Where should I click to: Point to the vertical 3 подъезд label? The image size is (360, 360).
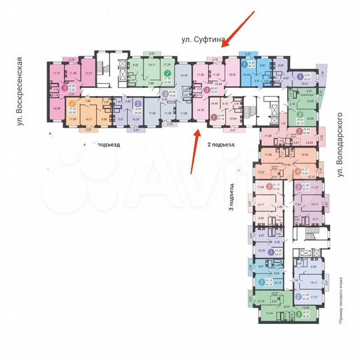(x=231, y=196)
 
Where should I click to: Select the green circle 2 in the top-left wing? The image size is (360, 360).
(x=167, y=74)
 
